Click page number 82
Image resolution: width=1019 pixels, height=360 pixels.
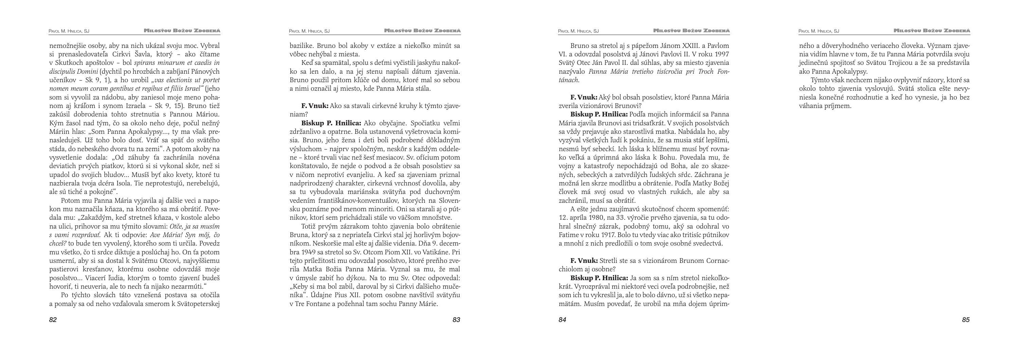(53, 320)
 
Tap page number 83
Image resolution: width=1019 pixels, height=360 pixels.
(456, 320)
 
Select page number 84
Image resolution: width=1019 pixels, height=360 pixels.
(562, 320)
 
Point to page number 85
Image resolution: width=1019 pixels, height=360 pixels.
(966, 320)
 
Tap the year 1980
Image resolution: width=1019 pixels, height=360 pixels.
(594, 218)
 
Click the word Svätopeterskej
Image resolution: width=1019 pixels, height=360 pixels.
(199, 304)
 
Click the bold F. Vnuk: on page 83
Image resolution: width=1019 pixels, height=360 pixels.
(315, 106)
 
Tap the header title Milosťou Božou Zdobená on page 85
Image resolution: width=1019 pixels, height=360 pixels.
(932, 31)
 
